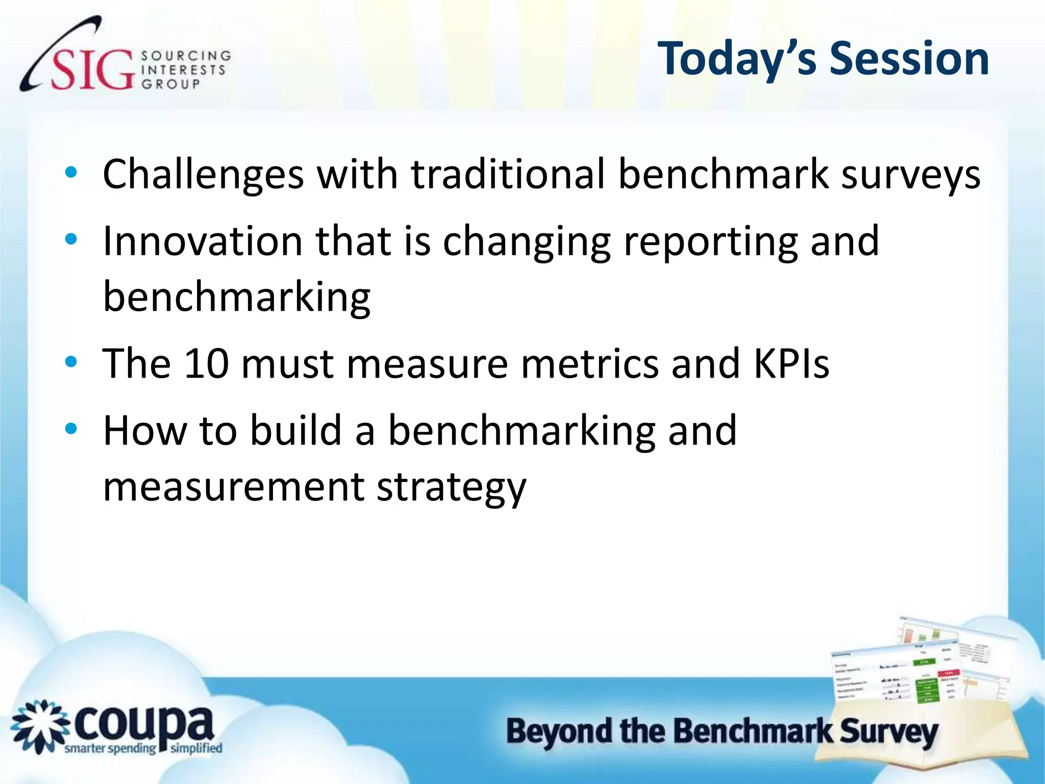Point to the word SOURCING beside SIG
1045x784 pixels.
coord(186,55)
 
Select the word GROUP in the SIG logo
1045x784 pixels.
coord(171,84)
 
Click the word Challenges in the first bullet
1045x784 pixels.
coord(203,175)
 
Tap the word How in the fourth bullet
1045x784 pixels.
coord(145,431)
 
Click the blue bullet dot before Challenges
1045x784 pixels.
coord(71,173)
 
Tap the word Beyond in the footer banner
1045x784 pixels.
coord(559,732)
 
